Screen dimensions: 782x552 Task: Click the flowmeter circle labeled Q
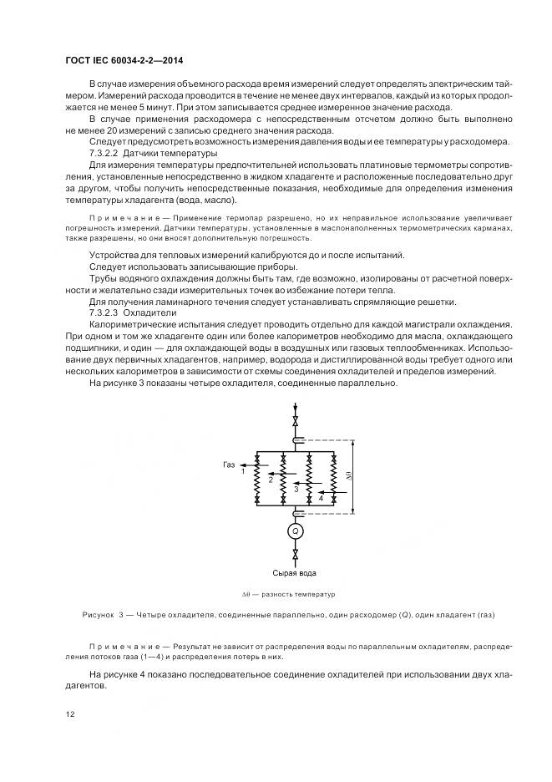point(294,531)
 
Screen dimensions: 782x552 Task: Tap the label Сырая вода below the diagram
point(294,573)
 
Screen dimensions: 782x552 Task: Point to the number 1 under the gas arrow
point(243,472)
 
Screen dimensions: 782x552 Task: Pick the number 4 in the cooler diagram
point(320,498)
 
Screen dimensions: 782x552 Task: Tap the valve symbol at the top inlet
point(294,419)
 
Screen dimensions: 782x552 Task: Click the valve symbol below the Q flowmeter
point(294,554)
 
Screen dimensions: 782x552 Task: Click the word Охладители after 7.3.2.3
point(152,312)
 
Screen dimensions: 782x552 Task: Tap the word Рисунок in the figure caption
point(100,616)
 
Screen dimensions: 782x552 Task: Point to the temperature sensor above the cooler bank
point(294,440)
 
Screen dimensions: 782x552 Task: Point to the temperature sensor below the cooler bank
point(294,513)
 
